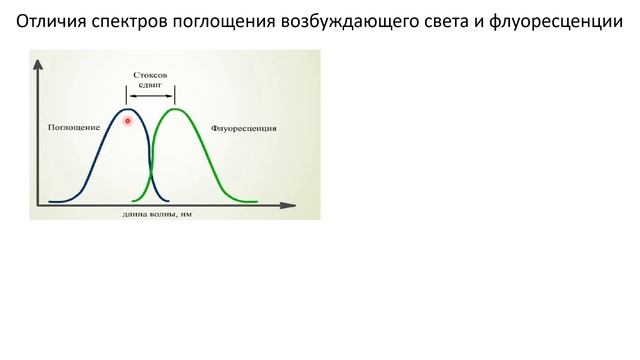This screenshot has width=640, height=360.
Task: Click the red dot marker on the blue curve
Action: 128,120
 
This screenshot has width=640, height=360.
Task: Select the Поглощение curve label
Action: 73,129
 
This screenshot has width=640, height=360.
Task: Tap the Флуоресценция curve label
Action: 244,129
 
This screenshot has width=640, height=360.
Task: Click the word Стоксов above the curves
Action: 152,75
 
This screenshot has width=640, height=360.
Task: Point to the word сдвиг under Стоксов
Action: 152,86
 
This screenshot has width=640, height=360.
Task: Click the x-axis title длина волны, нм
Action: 157,213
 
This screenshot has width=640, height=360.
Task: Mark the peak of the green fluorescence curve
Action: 176,108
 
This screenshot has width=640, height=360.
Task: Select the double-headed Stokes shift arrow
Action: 152,96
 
